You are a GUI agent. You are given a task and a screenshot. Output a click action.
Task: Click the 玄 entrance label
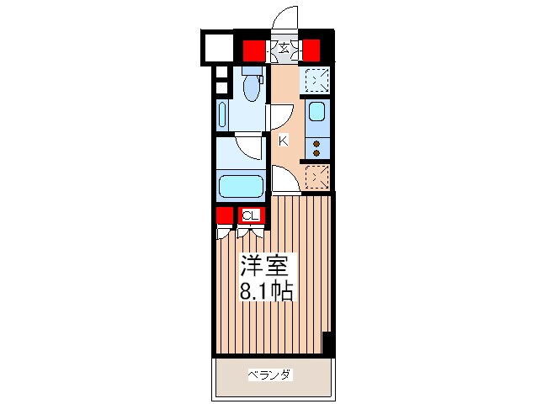(284, 48)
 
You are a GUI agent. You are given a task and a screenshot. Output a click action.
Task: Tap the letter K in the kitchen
(284, 141)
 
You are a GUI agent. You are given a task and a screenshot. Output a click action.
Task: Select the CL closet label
(250, 215)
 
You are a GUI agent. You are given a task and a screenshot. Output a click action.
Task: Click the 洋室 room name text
(263, 265)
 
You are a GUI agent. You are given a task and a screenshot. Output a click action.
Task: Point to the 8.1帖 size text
(266, 290)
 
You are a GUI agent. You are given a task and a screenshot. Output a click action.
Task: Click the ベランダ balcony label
(270, 375)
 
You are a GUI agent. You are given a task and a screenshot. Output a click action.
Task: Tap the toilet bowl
(253, 88)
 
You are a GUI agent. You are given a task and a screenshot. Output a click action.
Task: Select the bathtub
(241, 186)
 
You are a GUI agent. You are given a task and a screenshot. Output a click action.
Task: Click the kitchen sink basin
(316, 112)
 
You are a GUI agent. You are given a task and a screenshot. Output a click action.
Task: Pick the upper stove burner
(316, 144)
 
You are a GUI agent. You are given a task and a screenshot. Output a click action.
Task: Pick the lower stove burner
(316, 153)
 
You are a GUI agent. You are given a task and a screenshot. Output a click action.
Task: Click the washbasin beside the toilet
(222, 114)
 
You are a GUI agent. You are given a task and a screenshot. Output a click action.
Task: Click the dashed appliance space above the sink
(317, 80)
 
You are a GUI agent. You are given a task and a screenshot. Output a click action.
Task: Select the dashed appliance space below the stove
(317, 177)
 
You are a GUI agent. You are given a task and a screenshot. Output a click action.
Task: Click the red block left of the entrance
(254, 50)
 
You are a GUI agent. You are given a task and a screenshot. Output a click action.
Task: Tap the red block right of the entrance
(311, 50)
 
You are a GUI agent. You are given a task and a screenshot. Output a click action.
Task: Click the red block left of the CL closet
(225, 215)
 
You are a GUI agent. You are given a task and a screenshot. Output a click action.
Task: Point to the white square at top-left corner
(219, 47)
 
